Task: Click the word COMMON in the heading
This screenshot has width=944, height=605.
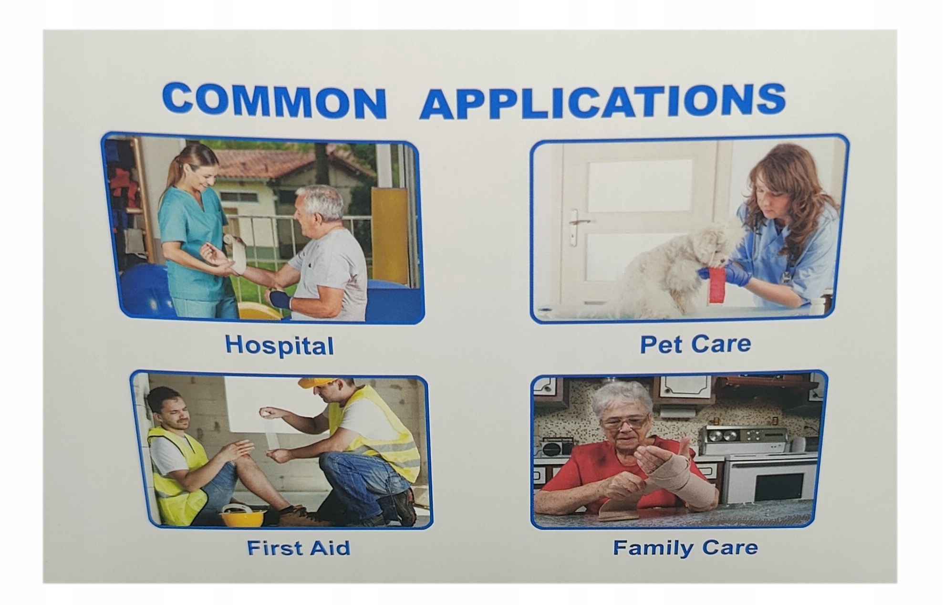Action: [x=274, y=101]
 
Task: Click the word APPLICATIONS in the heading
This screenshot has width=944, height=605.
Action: [x=602, y=102]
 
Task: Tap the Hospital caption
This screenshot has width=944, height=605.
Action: [x=280, y=345]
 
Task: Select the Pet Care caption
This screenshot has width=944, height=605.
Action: [x=695, y=344]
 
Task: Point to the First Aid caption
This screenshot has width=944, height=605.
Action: [x=299, y=548]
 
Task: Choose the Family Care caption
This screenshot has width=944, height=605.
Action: [x=685, y=548]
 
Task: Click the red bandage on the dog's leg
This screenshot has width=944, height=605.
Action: [x=717, y=284]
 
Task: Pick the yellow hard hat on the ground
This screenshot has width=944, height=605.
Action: [x=243, y=517]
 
